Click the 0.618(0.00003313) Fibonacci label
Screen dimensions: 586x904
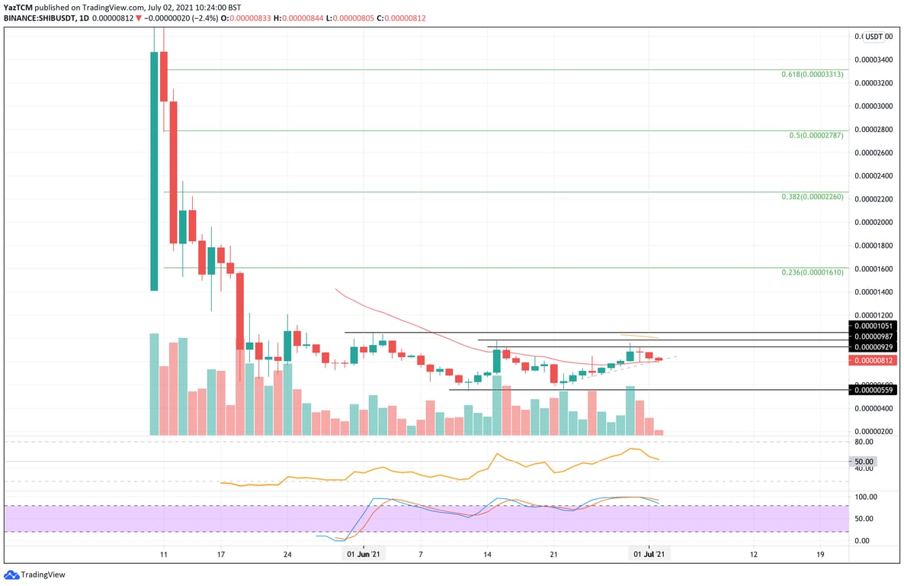pyautogui.click(x=812, y=75)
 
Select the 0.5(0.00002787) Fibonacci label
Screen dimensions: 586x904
pyautogui.click(x=816, y=136)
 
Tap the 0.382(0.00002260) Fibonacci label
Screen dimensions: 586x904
pyautogui.click(x=812, y=197)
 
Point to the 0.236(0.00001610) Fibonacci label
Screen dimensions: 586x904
pyautogui.click(x=813, y=272)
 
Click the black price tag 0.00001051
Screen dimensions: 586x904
pyautogui.click(x=874, y=325)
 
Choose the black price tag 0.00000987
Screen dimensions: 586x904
pyautogui.click(x=874, y=336)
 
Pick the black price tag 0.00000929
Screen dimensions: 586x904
pyautogui.click(x=874, y=347)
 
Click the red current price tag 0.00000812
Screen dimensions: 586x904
pyautogui.click(x=874, y=360)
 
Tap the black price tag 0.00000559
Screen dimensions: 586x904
pyautogui.click(x=874, y=390)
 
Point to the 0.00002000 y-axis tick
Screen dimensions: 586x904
pyautogui.click(x=874, y=222)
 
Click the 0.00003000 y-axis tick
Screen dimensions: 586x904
pyautogui.click(x=874, y=106)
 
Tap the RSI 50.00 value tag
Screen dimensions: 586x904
pyautogui.click(x=864, y=462)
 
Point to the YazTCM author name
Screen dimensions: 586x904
pyautogui.click(x=18, y=7)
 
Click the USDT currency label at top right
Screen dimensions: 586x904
pyautogui.click(x=874, y=36)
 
